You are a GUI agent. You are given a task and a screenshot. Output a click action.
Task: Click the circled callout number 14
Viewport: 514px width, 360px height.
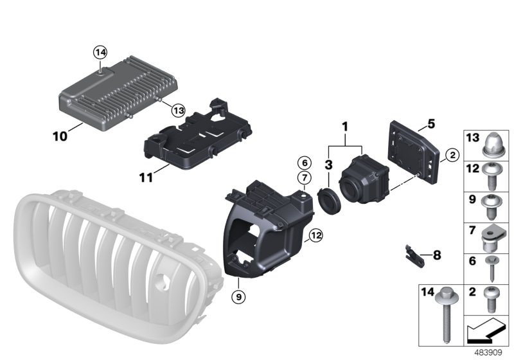tap(100, 52)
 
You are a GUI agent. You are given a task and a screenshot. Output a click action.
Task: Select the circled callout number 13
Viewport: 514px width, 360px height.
tap(179, 110)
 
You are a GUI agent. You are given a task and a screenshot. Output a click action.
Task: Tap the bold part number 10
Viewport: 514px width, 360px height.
tap(60, 136)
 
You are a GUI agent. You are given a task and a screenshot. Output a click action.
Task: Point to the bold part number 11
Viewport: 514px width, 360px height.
tap(146, 177)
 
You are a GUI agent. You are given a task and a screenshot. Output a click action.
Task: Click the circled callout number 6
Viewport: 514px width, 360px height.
tap(305, 163)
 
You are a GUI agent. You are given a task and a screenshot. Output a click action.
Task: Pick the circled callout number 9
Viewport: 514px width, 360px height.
tap(238, 297)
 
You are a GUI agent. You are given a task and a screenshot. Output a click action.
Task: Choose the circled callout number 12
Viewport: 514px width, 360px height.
tap(316, 235)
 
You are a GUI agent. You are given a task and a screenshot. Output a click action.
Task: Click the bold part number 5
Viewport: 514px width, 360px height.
tap(431, 124)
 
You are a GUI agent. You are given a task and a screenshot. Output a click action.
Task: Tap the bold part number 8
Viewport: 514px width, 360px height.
tap(438, 255)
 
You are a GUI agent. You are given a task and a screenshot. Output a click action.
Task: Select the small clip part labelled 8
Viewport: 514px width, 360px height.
tap(414, 256)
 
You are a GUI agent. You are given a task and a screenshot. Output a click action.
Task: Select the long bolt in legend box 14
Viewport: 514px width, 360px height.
tap(445, 315)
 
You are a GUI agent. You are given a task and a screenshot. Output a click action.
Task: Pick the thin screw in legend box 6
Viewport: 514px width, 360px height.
tap(492, 269)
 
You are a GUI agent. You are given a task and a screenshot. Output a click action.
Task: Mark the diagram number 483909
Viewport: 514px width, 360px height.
tap(488, 353)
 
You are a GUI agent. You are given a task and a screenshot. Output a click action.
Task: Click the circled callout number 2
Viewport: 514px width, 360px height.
tap(452, 155)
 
